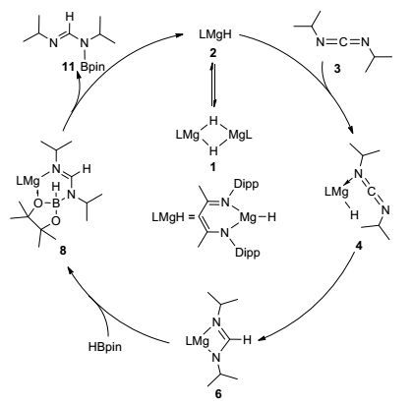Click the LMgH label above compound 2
pos(215,34)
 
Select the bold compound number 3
pos(336,69)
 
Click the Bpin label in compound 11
pos(93,67)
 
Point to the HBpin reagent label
pos(104,347)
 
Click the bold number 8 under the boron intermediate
pos(63,251)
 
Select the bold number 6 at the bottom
pos(218,393)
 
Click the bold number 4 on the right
pos(359,246)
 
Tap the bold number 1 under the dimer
pos(213,167)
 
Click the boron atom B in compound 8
pos(56,204)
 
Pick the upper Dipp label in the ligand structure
pos(246,184)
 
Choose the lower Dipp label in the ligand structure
pos(247,253)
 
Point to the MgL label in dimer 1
pos(241,135)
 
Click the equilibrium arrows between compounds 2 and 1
pos(213,86)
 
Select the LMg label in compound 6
pos(197,341)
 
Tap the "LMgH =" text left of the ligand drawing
pos(172,217)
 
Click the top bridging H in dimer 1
pos(213,121)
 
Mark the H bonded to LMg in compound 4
pos(354,214)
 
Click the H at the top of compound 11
pos(70,16)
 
